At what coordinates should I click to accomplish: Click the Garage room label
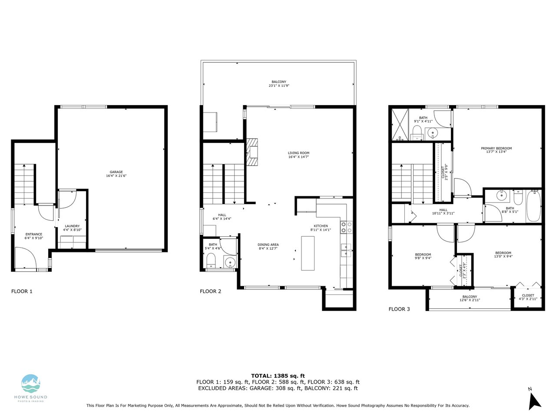[116, 172]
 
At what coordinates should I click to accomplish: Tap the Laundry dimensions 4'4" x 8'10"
[72, 230]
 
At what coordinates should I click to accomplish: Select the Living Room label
[298, 153]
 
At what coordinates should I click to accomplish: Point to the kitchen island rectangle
[308, 253]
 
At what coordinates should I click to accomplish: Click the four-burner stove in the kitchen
[346, 227]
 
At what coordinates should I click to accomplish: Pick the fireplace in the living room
[252, 152]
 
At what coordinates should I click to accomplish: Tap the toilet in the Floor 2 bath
[211, 260]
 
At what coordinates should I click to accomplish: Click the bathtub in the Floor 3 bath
[533, 207]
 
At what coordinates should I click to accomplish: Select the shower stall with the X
[400, 125]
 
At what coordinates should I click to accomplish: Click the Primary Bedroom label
[496, 149]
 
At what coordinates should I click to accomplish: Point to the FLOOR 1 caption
[22, 291]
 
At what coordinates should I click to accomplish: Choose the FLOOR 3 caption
[399, 309]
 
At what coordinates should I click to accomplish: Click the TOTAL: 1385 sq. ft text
[278, 376]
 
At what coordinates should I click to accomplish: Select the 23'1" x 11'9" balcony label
[279, 86]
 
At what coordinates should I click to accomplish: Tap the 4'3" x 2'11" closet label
[528, 299]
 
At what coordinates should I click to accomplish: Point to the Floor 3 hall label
[443, 210]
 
